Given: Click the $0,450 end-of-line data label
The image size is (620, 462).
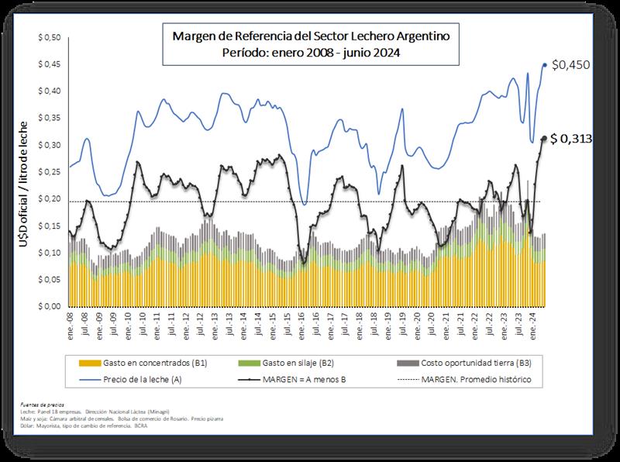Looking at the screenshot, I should click(x=573, y=65).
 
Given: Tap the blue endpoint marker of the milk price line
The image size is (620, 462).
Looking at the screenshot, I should click(x=545, y=65).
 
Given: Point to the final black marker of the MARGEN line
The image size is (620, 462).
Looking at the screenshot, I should click(x=543, y=139).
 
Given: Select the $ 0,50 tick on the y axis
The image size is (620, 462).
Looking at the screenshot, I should click(x=49, y=38).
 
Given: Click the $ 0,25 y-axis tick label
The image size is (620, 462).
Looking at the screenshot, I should click(x=49, y=172).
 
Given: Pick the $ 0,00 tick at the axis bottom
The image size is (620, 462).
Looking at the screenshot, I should click(x=49, y=306).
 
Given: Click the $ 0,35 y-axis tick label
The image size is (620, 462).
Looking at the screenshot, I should click(x=49, y=119).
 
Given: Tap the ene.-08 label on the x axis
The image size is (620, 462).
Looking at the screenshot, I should click(x=71, y=322).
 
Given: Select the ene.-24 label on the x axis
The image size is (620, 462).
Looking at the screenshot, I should click(x=532, y=322).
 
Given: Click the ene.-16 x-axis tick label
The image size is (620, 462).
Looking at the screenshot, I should click(x=301, y=322).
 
